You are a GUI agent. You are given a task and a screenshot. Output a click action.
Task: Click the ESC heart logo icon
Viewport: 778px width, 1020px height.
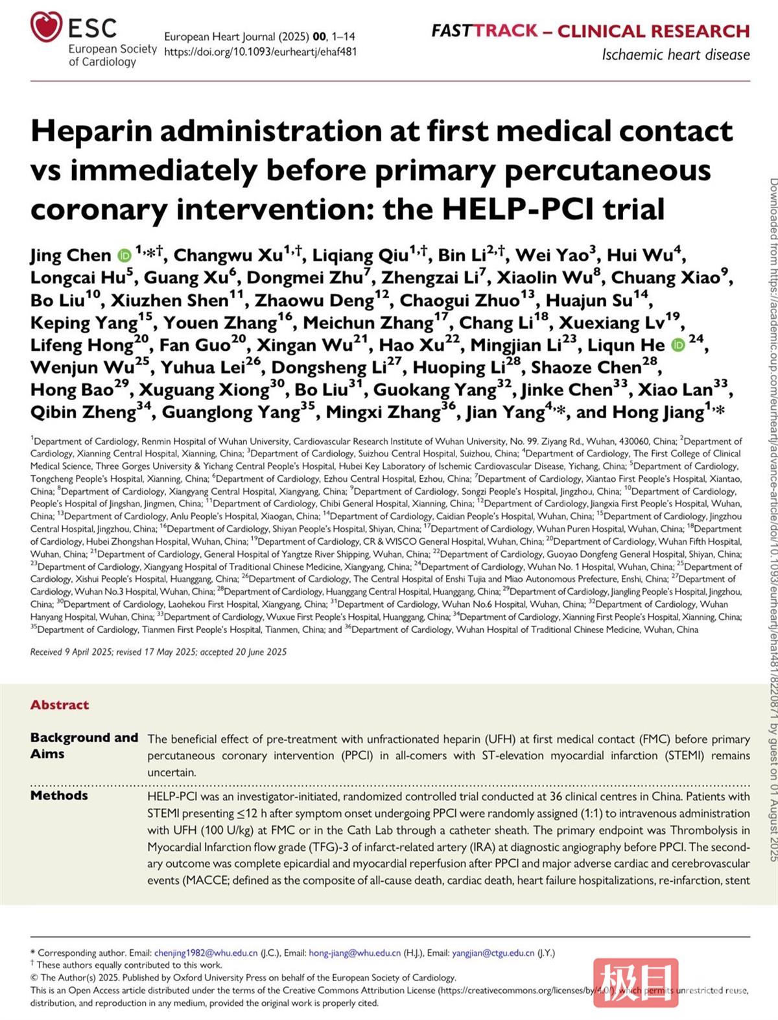46,28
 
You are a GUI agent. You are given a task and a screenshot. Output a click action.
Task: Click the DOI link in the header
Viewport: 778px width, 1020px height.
260,52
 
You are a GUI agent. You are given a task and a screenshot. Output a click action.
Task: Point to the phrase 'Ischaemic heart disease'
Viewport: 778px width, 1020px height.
676,54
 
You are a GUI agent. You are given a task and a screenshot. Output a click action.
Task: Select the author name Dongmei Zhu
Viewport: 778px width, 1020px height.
304,278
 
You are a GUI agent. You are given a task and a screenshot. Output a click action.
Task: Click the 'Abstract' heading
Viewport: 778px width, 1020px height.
60,705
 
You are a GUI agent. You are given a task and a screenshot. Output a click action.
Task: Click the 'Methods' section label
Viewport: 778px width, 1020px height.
59,796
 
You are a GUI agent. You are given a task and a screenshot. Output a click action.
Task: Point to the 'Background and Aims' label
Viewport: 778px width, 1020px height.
84,746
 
